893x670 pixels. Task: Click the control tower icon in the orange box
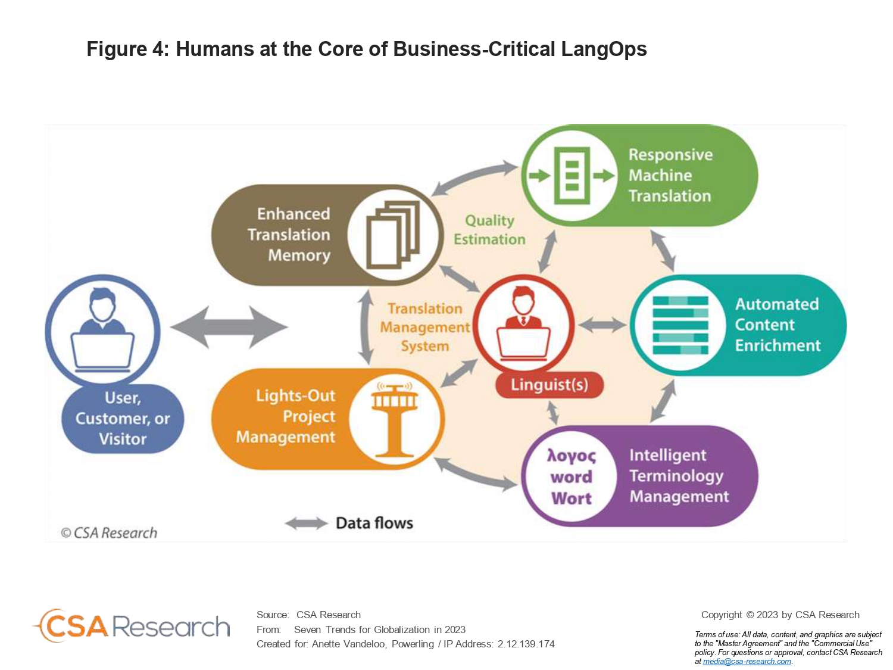click(x=394, y=419)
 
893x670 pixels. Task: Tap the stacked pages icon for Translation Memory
click(x=392, y=235)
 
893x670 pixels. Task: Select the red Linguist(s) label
click(x=549, y=384)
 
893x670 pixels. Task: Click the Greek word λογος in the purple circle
click(x=571, y=456)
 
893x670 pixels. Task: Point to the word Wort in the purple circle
click(x=571, y=498)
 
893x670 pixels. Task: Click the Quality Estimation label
click(x=489, y=230)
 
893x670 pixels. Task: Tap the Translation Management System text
click(x=424, y=327)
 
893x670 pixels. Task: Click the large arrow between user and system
click(x=229, y=327)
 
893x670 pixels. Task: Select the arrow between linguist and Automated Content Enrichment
click(x=602, y=325)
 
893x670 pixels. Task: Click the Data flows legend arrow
click(x=307, y=523)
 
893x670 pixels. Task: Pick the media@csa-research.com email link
click(x=747, y=662)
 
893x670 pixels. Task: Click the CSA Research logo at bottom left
click(x=131, y=626)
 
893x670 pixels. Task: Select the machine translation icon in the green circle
click(x=572, y=176)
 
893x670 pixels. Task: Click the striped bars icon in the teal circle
click(x=680, y=325)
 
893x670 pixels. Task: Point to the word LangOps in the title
click(x=604, y=49)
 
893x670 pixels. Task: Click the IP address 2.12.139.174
click(x=526, y=644)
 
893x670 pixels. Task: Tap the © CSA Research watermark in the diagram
click(x=108, y=532)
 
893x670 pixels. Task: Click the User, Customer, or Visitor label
click(x=123, y=418)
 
